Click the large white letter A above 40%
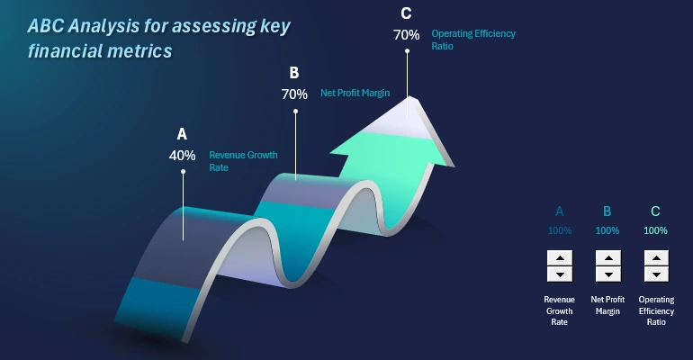pos(182,134)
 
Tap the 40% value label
pos(182,155)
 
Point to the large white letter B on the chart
pos(293,73)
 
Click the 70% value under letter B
pos(294,94)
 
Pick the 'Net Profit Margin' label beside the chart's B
pos(355,92)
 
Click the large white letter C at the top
pos(406,13)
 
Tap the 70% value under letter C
pos(406,35)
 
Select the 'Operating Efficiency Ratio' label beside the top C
pos(472,39)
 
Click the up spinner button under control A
pos(560,257)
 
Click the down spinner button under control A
pos(560,274)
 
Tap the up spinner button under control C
pos(656,257)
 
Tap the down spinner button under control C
pos(656,274)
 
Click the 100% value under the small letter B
pos(607,230)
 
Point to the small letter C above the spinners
pos(655,211)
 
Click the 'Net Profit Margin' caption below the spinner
pos(607,304)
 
